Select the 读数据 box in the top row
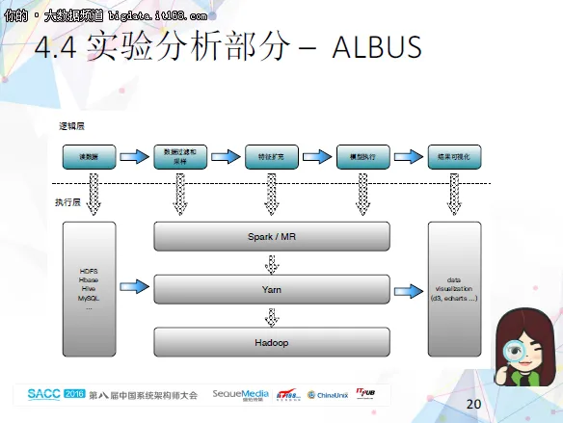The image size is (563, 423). pos(89,157)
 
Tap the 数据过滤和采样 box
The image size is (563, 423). pos(179,157)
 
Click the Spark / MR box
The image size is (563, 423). pos(271,236)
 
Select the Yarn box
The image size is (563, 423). pos(271,288)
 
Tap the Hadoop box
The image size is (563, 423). pos(271,342)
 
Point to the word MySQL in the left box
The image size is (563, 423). pos(89,299)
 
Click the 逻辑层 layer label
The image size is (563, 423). pos(71,126)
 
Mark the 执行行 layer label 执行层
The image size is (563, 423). pos(67,203)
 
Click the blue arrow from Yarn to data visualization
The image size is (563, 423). pos(409,286)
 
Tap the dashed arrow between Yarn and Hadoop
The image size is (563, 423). pos(272,315)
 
